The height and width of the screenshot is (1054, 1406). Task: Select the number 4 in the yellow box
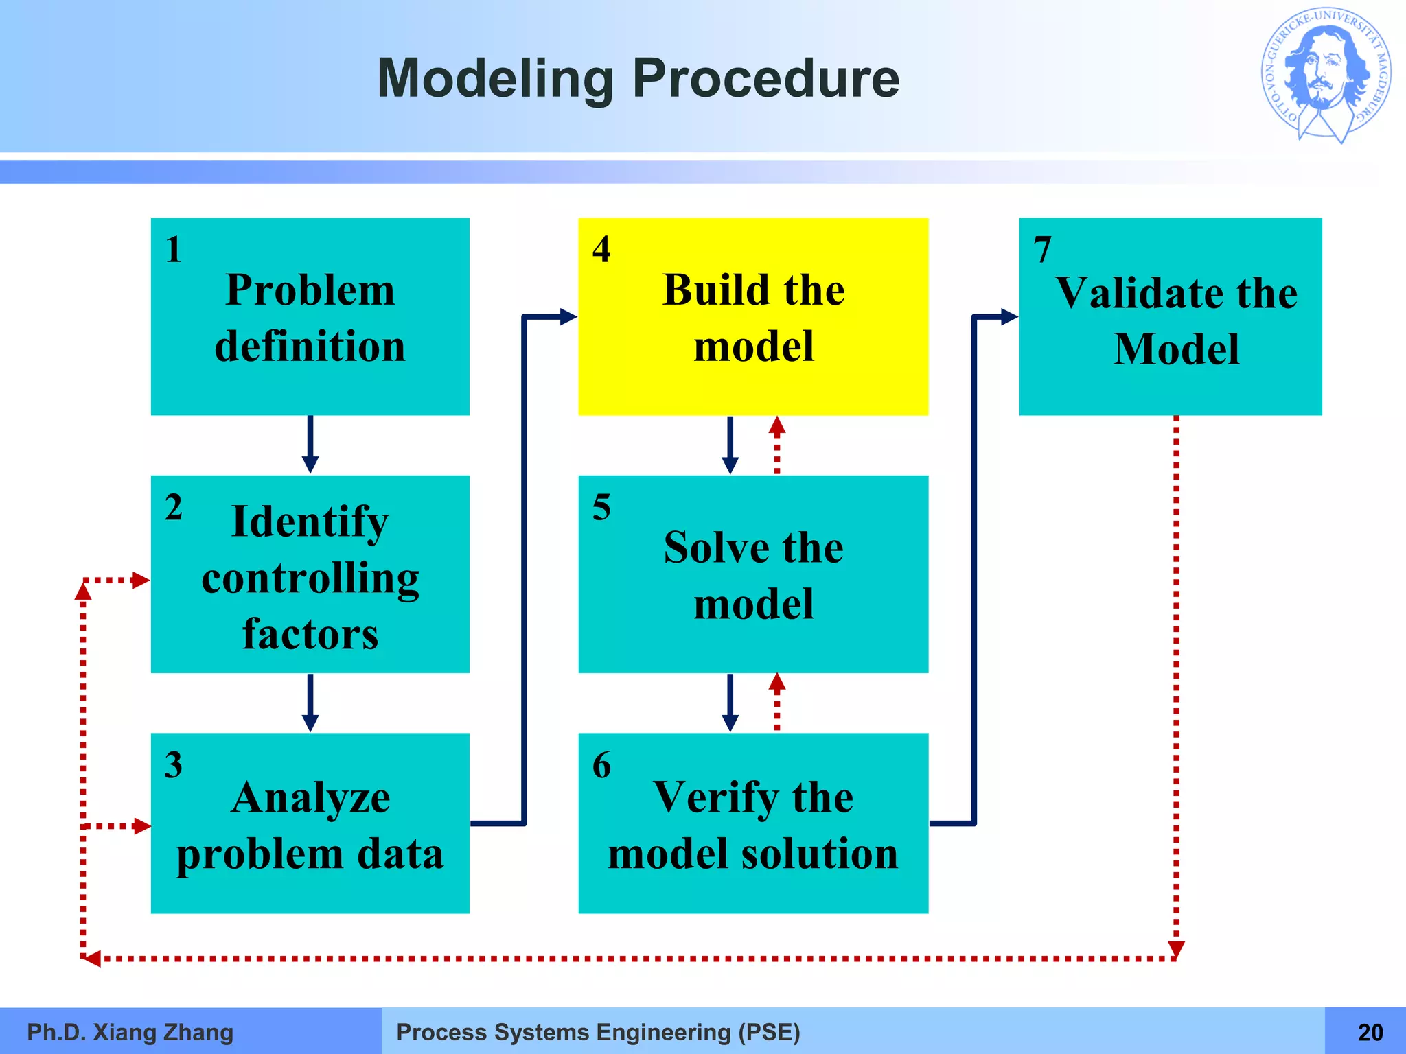click(601, 250)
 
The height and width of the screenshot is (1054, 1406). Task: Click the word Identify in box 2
click(310, 522)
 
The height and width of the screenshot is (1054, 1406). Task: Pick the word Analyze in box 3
click(310, 799)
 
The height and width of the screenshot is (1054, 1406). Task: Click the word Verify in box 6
click(714, 798)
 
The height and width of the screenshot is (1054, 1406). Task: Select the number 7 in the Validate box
click(1043, 250)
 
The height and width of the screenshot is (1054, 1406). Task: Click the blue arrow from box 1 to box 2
click(310, 445)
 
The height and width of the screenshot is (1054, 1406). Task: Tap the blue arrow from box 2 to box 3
click(310, 703)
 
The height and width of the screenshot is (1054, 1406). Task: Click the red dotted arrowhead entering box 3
click(141, 825)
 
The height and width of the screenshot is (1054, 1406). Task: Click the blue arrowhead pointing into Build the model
click(568, 316)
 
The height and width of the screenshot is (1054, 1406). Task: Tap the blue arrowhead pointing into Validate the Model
click(1009, 316)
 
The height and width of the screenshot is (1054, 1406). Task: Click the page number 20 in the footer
click(1370, 1032)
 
